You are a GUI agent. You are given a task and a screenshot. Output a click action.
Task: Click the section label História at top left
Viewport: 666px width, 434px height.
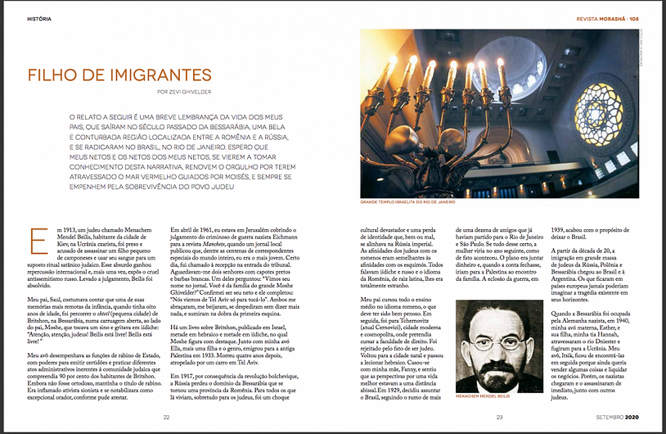pyautogui.click(x=39, y=17)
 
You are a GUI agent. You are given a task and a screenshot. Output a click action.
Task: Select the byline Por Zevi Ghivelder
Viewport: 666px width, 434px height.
pyautogui.click(x=185, y=92)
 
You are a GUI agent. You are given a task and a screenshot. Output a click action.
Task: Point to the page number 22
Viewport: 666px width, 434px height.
pyautogui.click(x=165, y=416)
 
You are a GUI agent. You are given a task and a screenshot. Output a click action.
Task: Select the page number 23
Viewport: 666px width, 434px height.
pyautogui.click(x=500, y=416)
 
